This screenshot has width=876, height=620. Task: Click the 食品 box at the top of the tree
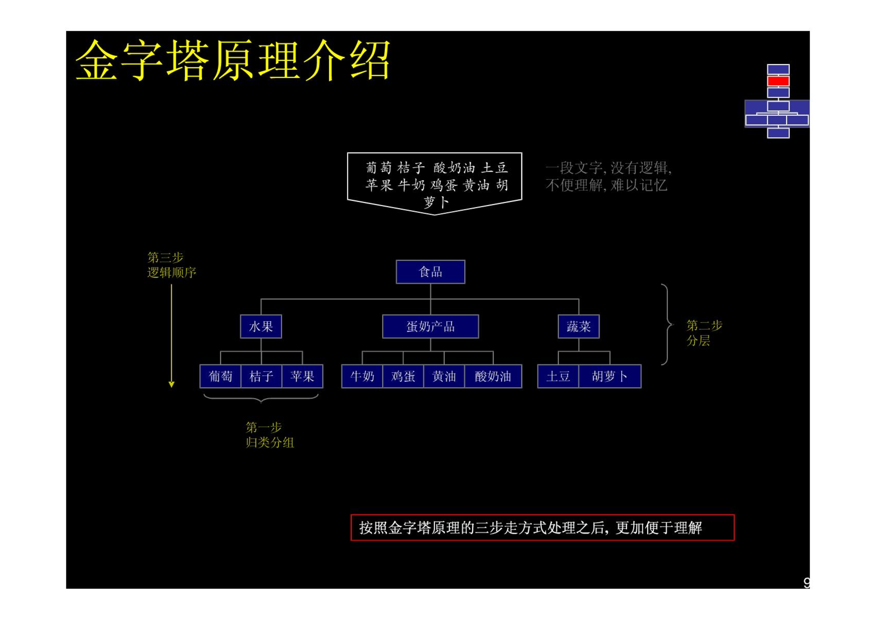pyautogui.click(x=430, y=271)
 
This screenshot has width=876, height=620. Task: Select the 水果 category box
pyautogui.click(x=261, y=326)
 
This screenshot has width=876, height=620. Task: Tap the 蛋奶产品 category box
pyautogui.click(x=430, y=326)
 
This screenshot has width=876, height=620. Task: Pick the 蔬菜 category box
pyautogui.click(x=578, y=326)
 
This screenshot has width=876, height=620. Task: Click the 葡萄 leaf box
pyautogui.click(x=220, y=376)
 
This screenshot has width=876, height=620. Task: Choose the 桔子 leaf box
pyautogui.click(x=261, y=376)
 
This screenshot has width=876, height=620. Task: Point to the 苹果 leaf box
pyautogui.click(x=302, y=376)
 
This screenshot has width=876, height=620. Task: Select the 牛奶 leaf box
pyautogui.click(x=362, y=376)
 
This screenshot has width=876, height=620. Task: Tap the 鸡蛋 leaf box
pyautogui.click(x=403, y=376)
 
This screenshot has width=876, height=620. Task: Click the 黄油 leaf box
pyautogui.click(x=444, y=376)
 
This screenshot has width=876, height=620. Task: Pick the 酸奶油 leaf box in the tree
pyautogui.click(x=493, y=376)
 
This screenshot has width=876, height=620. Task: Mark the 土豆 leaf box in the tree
pyautogui.click(x=558, y=376)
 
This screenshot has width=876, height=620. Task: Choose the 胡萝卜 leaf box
pyautogui.click(x=610, y=376)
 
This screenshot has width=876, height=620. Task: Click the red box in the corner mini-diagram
pyautogui.click(x=778, y=81)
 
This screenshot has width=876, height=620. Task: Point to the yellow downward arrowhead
pyautogui.click(x=172, y=384)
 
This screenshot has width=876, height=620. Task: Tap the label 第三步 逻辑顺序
pyautogui.click(x=172, y=265)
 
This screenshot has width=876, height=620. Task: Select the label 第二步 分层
pyautogui.click(x=704, y=333)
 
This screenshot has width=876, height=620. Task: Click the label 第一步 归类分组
pyautogui.click(x=270, y=435)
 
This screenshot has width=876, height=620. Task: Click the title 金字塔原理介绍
pyautogui.click(x=233, y=60)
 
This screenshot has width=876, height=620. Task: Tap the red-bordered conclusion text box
pyautogui.click(x=542, y=527)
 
